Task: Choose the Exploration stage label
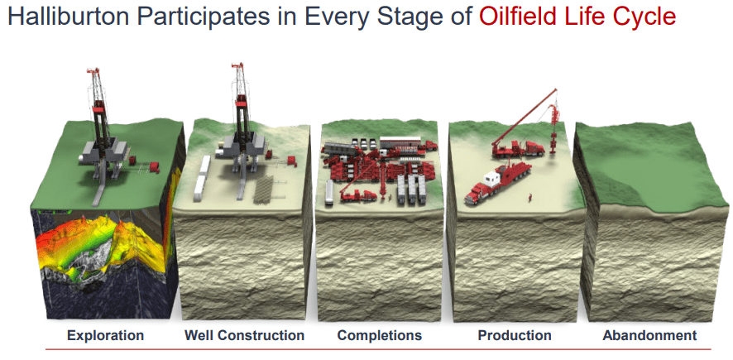(x=105, y=335)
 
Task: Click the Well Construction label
(x=244, y=335)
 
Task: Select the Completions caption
(x=380, y=335)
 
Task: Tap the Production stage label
(x=515, y=335)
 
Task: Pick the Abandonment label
(x=649, y=335)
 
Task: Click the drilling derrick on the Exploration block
(x=98, y=116)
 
